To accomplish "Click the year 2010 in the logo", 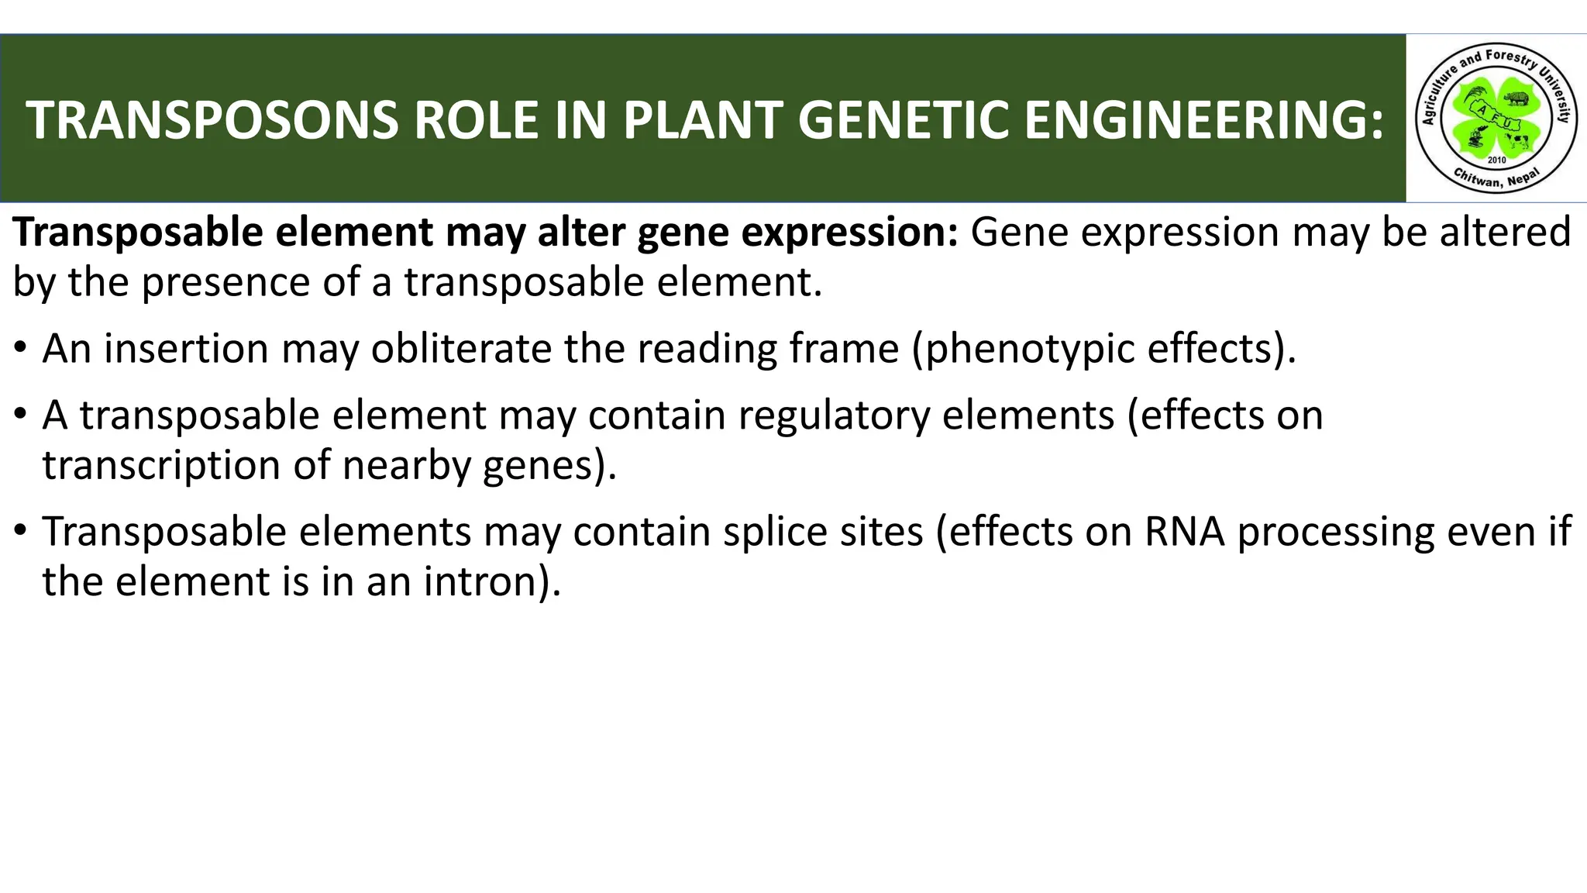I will coord(1496,160).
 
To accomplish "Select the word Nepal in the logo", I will coord(1523,178).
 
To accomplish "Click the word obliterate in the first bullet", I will coord(461,349).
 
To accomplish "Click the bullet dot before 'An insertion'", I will coord(21,349).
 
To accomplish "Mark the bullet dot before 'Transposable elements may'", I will coord(21,532).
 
